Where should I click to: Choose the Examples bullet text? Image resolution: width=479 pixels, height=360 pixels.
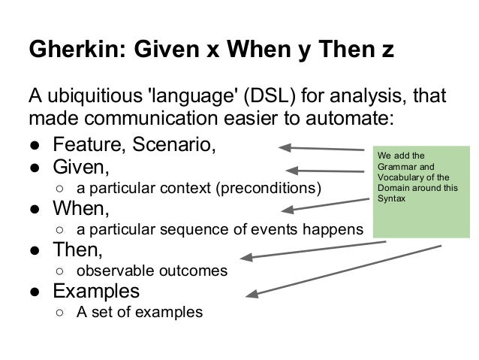pos(95,289)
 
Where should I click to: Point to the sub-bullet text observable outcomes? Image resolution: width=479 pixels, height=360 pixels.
pos(152,268)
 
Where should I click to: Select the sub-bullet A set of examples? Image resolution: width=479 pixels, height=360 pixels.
pos(140,310)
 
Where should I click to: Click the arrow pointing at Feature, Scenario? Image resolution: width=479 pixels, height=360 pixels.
pos(327,149)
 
